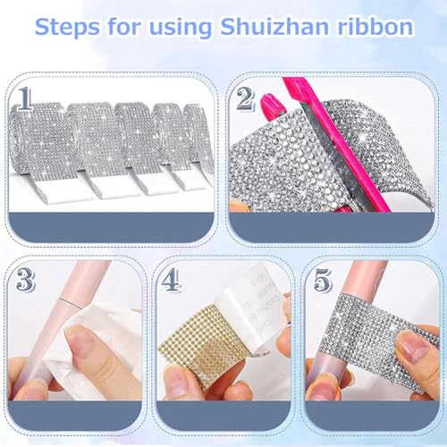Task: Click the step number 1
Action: pyautogui.click(x=27, y=98)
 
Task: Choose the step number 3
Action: pyautogui.click(x=26, y=280)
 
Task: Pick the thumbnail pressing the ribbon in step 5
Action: pyautogui.click(x=413, y=344)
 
